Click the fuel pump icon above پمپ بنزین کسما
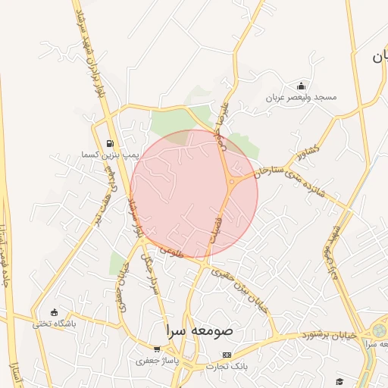[111, 143]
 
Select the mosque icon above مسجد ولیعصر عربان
[301, 86]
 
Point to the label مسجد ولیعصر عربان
[300, 98]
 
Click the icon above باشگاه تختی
[53, 312]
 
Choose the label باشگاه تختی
[54, 324]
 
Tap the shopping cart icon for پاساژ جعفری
[156, 349]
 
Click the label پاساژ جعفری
[156, 361]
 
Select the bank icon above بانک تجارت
[227, 355]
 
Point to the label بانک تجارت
[227, 367]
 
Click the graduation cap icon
[339, 380]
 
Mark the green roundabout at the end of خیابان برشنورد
[377, 332]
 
